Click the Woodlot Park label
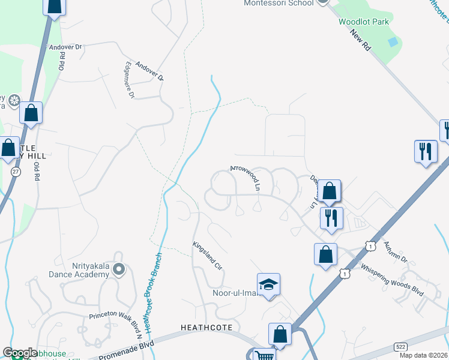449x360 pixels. click(x=363, y=22)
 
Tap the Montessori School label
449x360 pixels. click(x=279, y=3)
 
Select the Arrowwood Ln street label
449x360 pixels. click(x=244, y=178)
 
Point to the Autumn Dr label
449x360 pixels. click(x=396, y=251)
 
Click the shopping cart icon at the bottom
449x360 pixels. click(x=264, y=355)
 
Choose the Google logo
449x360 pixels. click(x=20, y=353)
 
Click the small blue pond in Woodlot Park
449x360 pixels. click(x=393, y=42)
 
